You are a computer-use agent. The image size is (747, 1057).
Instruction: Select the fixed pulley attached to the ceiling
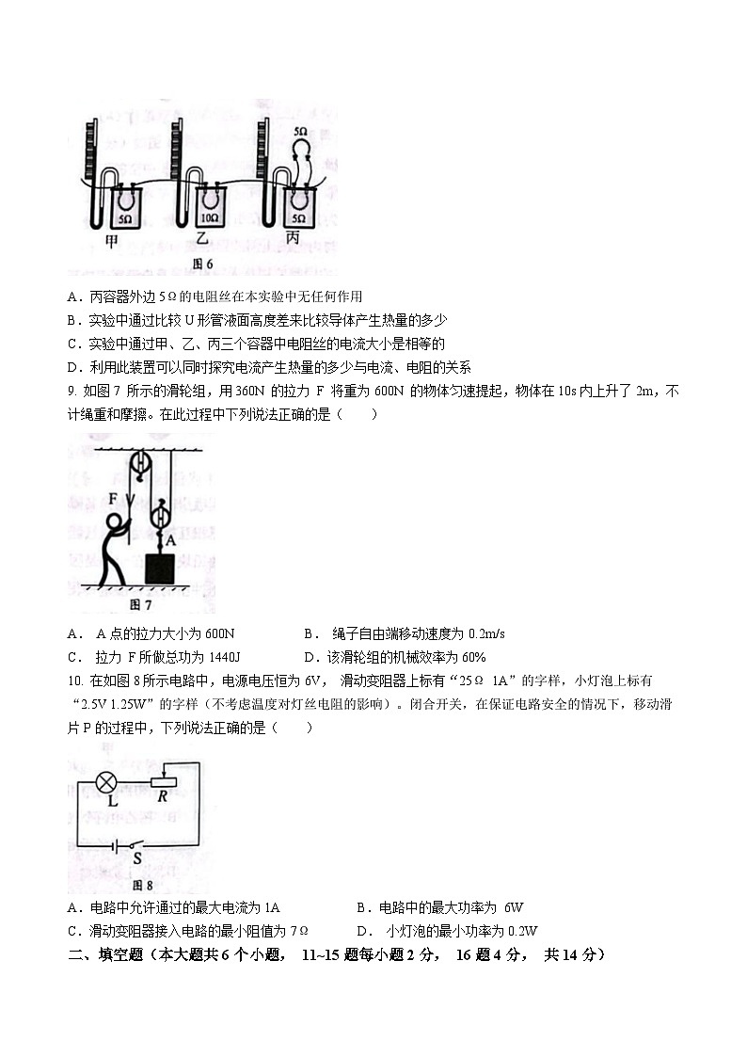[x=143, y=464]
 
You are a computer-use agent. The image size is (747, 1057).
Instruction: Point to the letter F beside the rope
[x=113, y=498]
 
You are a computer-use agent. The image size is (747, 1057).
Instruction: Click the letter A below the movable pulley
[x=170, y=541]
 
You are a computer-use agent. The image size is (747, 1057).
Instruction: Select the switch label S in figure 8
[x=136, y=857]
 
